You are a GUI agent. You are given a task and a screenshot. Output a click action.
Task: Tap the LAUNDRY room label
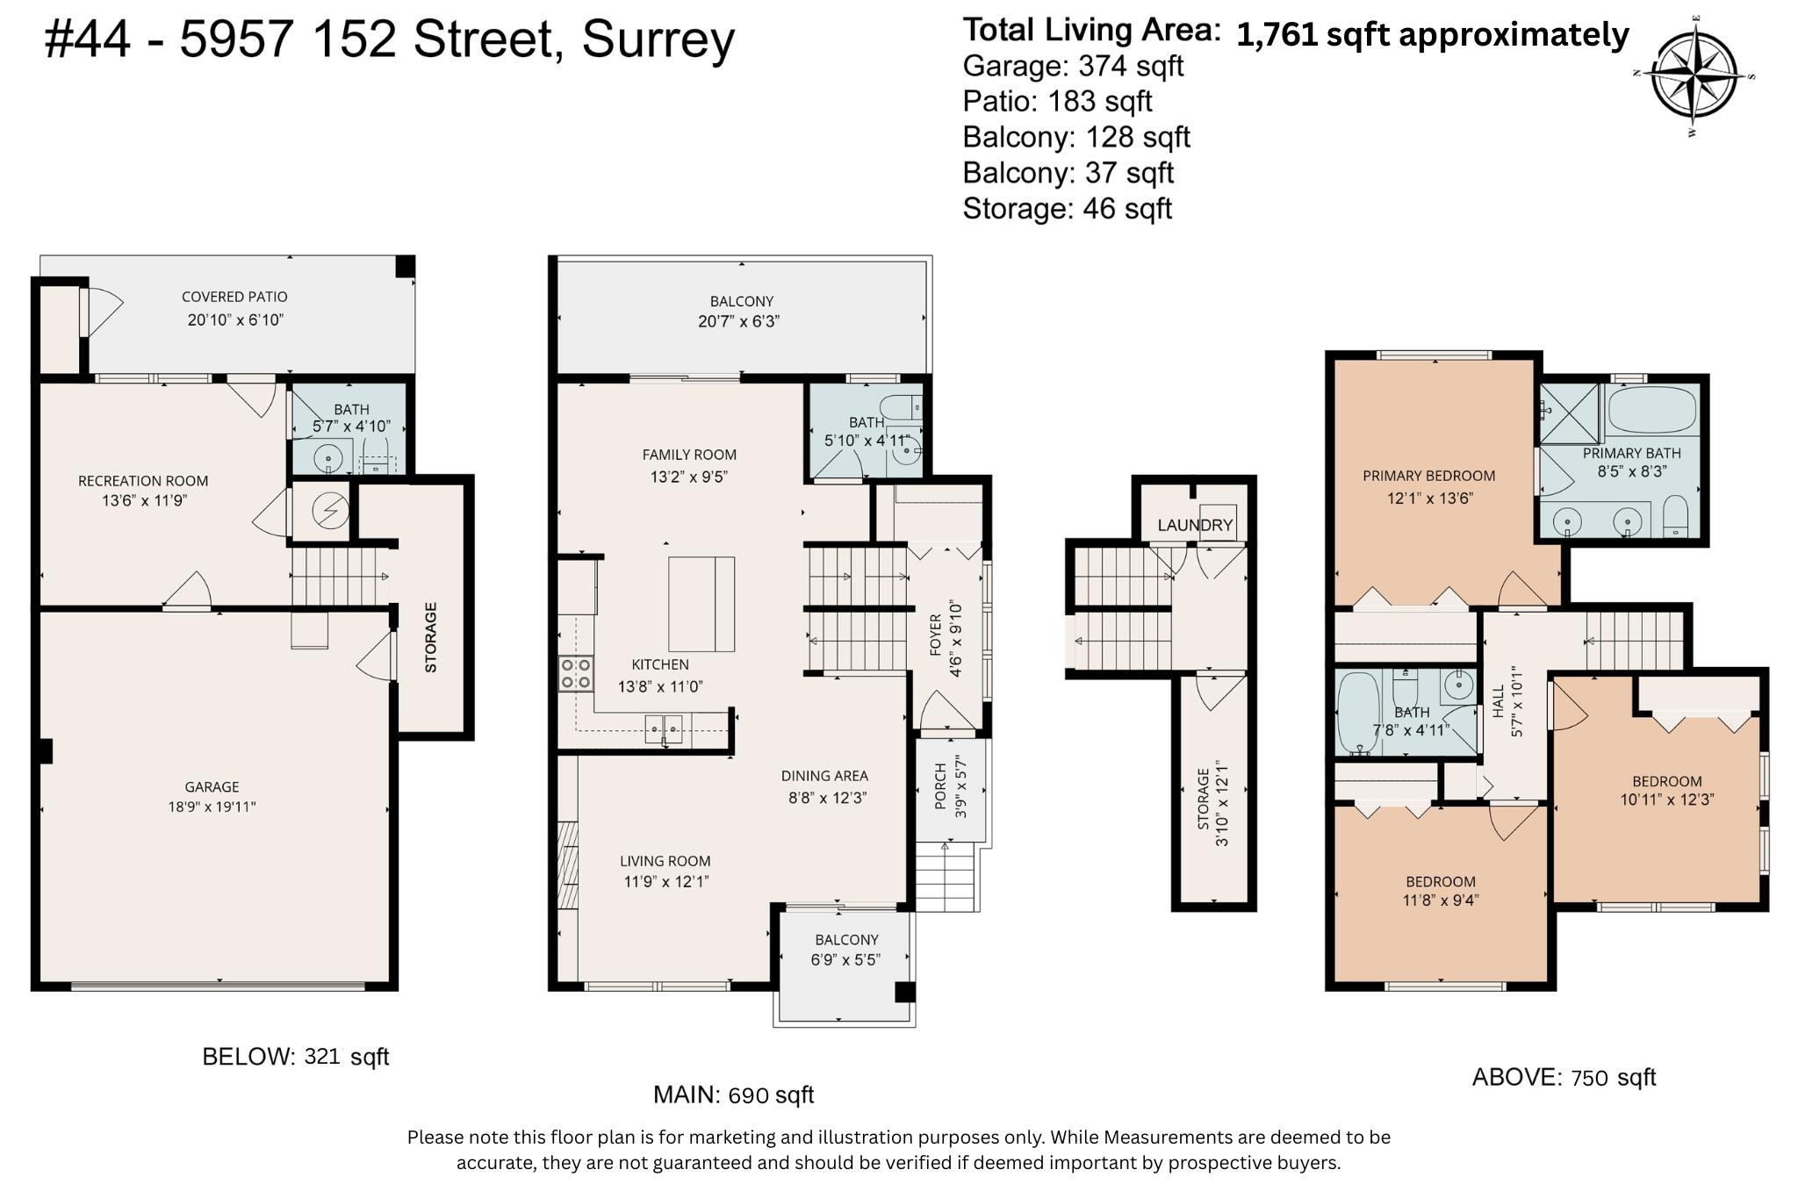1195,525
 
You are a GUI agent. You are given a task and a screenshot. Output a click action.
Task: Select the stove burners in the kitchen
575,673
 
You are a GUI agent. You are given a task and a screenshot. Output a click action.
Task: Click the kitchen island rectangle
701,604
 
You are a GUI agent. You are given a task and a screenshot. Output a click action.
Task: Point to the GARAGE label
212,787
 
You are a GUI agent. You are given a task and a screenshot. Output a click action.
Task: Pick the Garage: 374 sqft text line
1073,66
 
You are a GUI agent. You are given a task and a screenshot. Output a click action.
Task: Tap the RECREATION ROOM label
143,481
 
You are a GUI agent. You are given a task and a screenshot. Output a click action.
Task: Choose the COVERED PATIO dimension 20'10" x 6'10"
235,319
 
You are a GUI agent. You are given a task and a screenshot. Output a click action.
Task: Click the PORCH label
939,786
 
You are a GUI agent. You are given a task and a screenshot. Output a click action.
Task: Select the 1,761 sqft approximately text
1433,34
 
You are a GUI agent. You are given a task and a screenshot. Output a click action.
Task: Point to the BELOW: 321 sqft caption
295,1056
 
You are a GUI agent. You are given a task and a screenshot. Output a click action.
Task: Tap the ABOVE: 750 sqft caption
1564,1077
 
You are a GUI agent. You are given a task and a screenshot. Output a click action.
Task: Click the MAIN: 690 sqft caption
733,1094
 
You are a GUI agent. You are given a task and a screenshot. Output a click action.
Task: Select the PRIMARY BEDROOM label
1428,476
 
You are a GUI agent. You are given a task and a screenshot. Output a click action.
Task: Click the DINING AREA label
824,776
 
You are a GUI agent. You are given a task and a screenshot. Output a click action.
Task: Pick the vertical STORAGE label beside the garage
431,637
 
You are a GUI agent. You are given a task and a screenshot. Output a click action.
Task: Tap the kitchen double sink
664,728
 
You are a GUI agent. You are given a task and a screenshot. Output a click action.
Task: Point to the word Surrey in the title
658,40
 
